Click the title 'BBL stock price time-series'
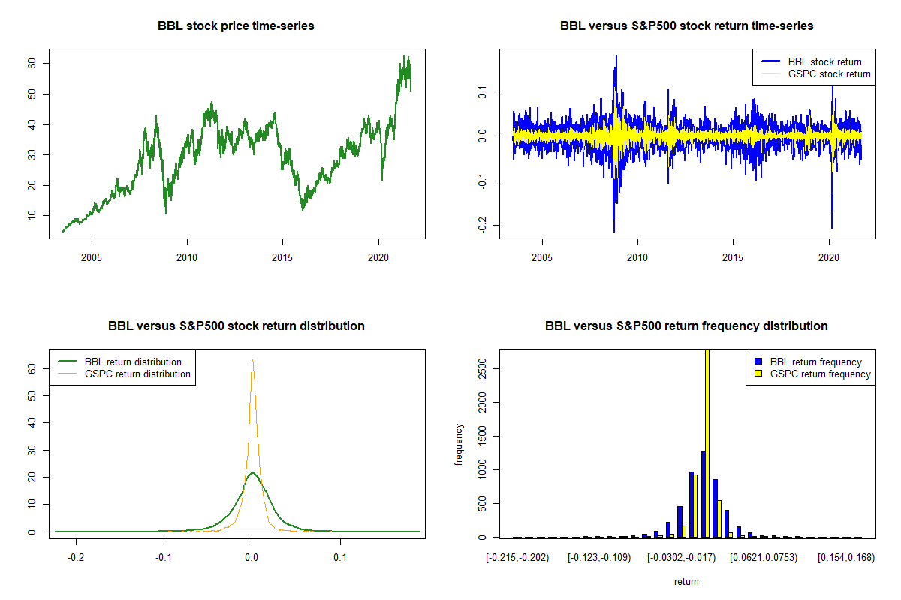pos(236,26)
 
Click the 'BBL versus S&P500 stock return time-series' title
pos(686,26)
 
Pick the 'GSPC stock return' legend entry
pos(829,73)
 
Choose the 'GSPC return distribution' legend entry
pos(137,373)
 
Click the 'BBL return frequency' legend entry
pos(815,361)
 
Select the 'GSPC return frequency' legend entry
pos(820,373)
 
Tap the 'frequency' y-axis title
pos(460,445)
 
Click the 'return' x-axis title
pos(686,581)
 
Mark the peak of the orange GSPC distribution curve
pos(253,360)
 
